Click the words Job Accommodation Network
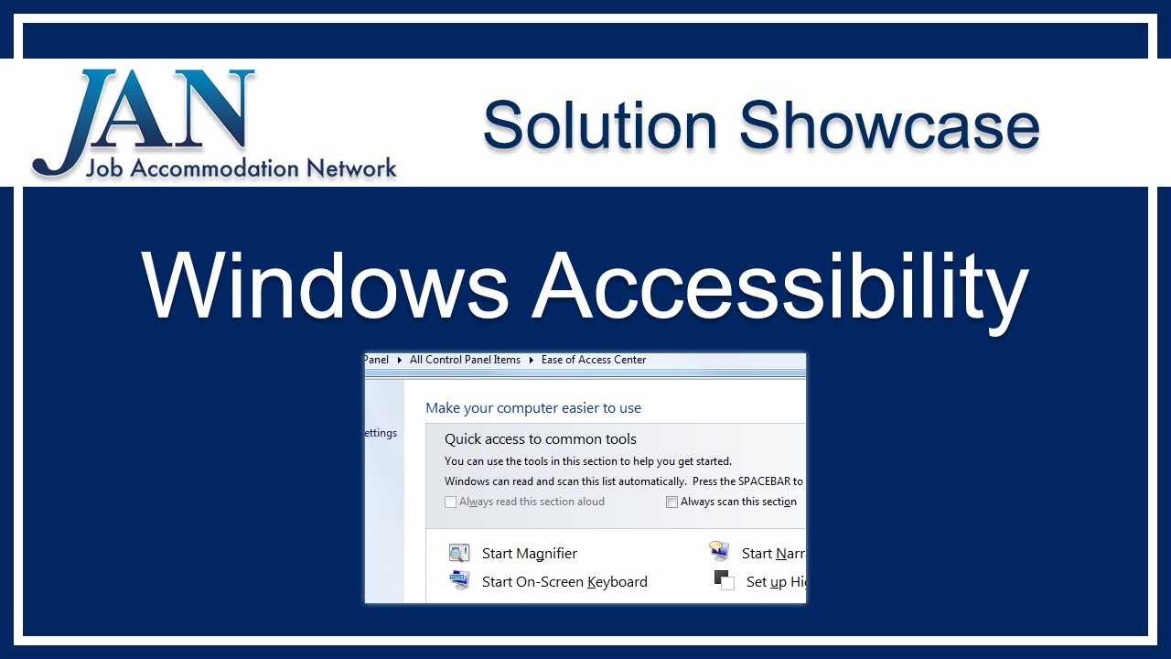(241, 168)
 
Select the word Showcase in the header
(889, 125)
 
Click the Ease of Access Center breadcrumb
(594, 360)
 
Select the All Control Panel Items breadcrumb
(465, 360)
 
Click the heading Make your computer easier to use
(533, 408)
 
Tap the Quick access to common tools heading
(541, 439)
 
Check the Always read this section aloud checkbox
(450, 502)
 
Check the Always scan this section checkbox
(671, 502)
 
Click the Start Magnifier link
(530, 554)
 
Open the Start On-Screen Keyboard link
(564, 582)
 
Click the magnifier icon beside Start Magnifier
(458, 553)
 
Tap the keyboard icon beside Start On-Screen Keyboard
(458, 580)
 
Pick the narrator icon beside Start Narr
(719, 551)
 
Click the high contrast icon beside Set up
(724, 580)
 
